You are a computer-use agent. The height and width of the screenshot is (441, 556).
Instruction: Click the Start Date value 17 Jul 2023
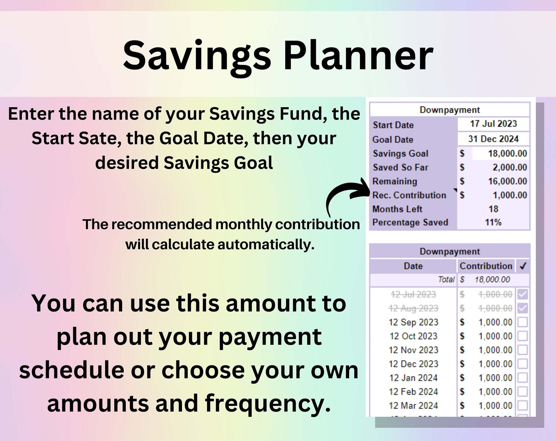493,124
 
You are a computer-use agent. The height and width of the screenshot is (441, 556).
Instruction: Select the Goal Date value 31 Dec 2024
493,139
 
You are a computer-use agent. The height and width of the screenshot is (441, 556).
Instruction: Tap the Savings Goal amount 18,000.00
507,154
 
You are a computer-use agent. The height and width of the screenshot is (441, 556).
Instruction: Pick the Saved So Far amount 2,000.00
509,167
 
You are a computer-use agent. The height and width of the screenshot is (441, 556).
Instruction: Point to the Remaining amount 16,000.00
507,181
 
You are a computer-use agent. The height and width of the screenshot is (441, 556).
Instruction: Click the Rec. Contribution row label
409,195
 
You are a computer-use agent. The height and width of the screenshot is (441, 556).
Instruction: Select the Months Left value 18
493,209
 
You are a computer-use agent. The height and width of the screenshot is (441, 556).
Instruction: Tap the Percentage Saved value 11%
493,222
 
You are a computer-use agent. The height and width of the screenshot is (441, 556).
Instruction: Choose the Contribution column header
486,266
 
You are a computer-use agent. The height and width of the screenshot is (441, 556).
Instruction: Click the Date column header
413,266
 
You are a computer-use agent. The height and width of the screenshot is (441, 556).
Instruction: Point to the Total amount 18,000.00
492,280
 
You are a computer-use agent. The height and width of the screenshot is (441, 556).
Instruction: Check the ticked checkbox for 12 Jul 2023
523,294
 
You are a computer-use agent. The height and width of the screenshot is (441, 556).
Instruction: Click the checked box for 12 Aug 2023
523,308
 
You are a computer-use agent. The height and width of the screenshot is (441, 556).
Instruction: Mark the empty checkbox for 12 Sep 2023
523,322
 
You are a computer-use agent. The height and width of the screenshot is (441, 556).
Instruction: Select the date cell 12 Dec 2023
413,364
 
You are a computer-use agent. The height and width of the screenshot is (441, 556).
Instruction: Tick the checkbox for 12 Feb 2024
523,392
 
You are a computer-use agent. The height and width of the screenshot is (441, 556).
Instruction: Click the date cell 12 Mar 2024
413,406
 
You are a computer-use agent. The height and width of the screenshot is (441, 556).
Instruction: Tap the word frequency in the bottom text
268,403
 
